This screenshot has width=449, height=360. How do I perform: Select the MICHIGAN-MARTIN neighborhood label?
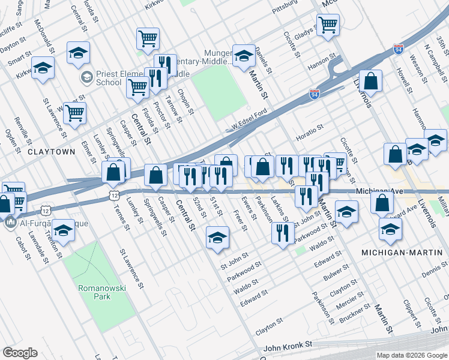point(402,253)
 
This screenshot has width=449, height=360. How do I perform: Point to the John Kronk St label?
point(288,346)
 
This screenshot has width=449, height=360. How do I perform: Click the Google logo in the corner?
point(20,353)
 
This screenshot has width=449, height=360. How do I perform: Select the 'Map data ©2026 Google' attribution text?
point(411,355)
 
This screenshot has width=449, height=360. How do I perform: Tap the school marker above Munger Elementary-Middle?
point(244,55)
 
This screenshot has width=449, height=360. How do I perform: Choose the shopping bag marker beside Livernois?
point(372,82)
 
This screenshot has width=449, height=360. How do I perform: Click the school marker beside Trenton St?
point(62,230)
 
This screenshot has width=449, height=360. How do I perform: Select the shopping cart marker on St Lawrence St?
point(74,112)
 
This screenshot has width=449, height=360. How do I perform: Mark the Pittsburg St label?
point(285,9)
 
